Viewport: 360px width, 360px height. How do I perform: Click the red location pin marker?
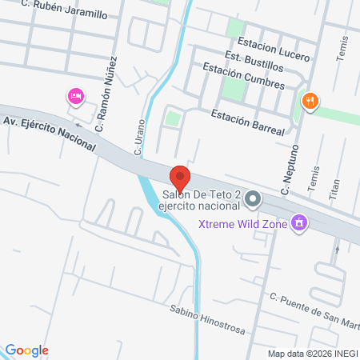pos(180,178)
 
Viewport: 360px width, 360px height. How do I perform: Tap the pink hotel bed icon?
pos(75,96)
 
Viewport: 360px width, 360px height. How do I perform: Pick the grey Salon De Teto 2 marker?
pos(253,198)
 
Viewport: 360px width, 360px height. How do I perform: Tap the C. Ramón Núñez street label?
pos(107,94)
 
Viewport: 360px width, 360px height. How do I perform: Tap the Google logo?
pos(27,350)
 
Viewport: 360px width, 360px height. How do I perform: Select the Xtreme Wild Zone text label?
pos(244,222)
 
